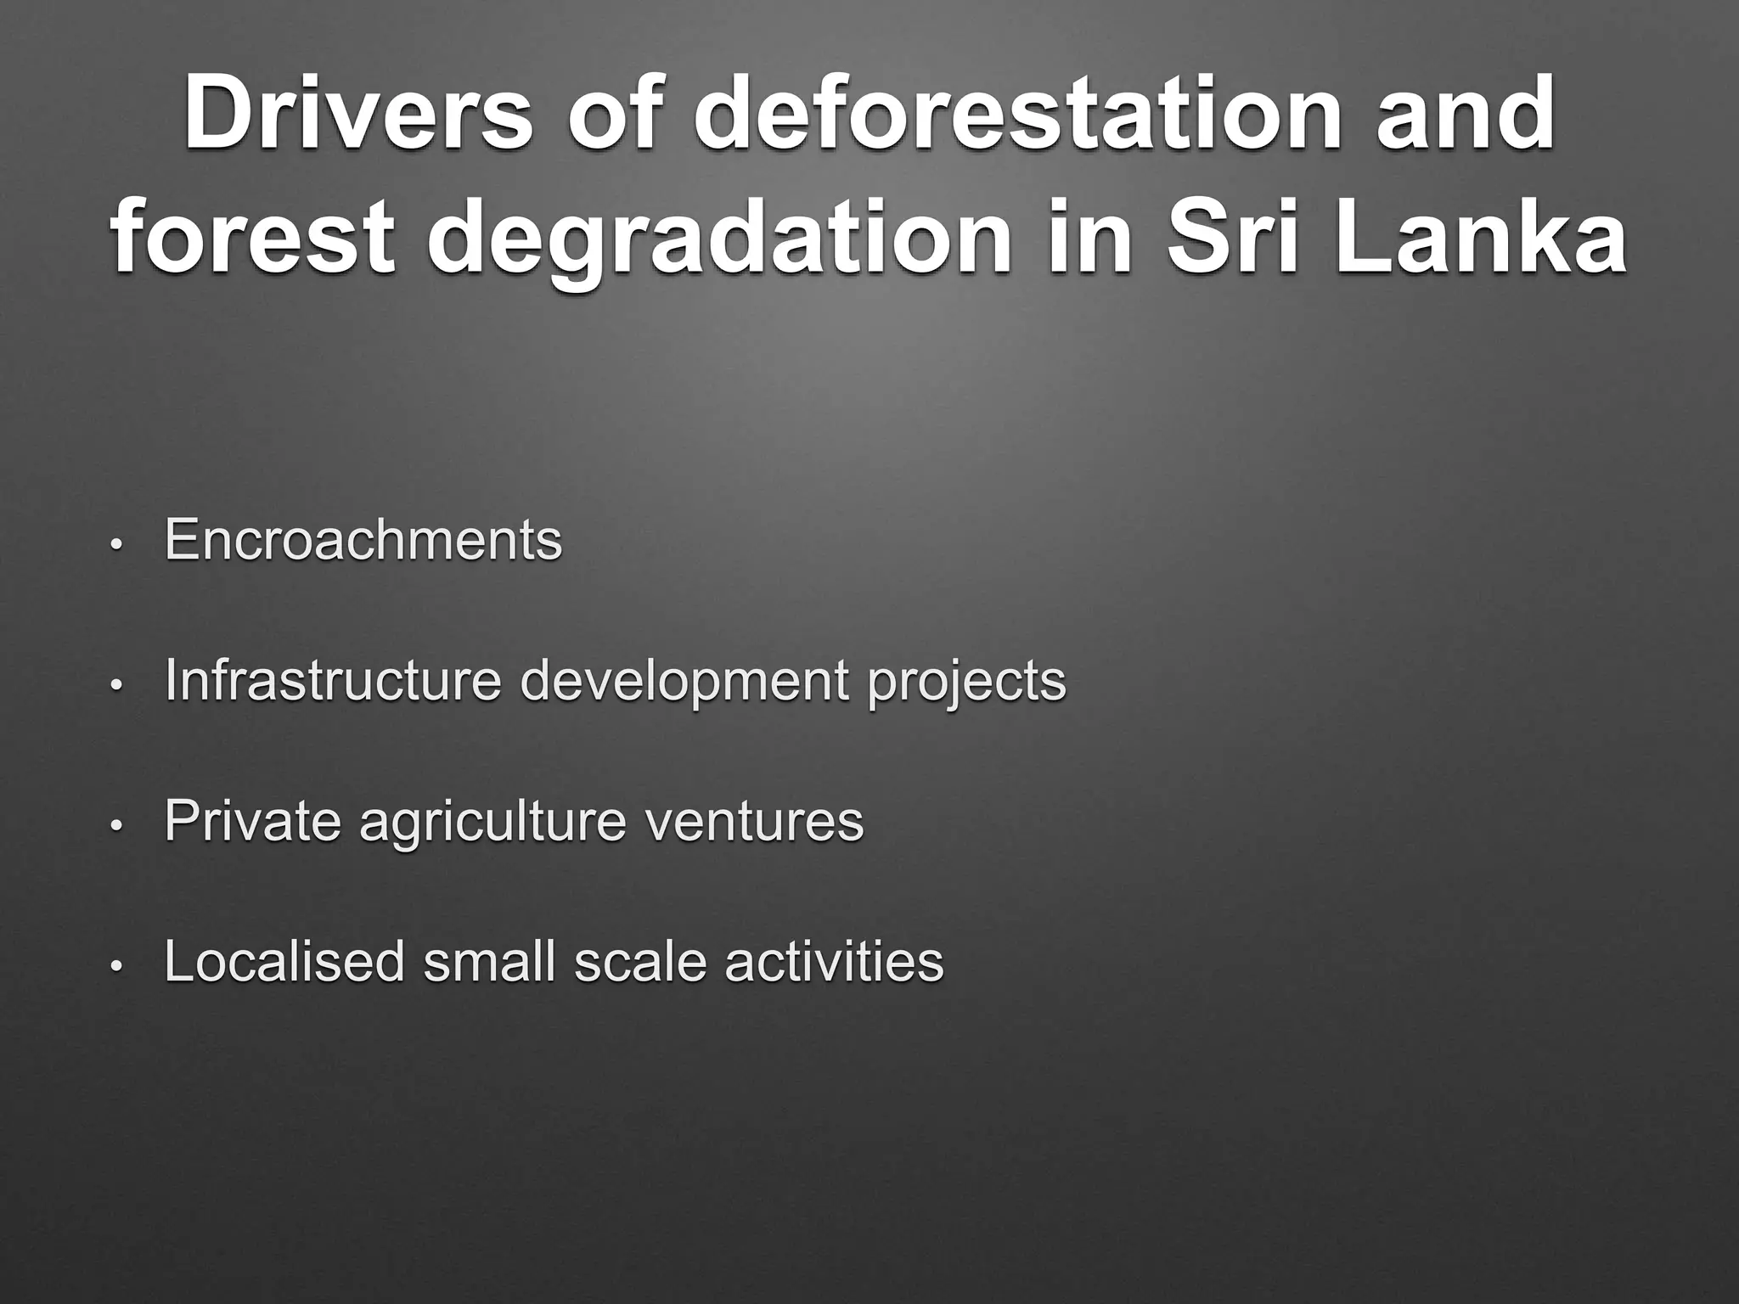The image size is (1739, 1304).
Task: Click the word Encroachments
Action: (363, 539)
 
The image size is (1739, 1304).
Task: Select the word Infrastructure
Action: (333, 680)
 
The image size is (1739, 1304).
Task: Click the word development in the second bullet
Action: (684, 682)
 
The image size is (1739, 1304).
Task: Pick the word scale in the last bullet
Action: (640, 961)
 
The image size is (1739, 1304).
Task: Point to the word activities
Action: (834, 961)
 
